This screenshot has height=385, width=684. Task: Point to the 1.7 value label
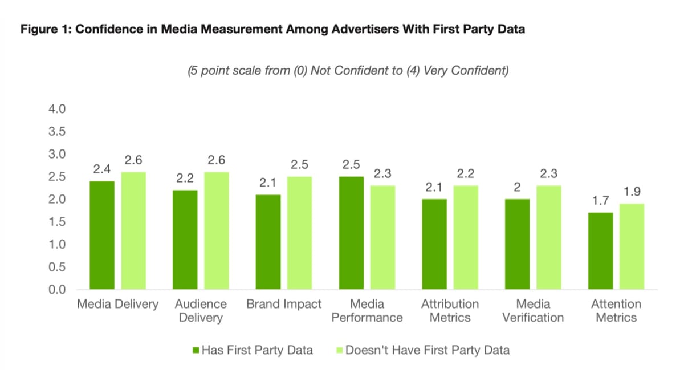click(x=601, y=201)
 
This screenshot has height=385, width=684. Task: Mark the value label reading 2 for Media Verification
click(x=516, y=187)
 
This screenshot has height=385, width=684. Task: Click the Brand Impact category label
click(x=283, y=304)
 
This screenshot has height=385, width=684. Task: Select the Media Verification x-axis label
click(x=532, y=310)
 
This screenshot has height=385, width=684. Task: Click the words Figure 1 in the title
click(x=45, y=30)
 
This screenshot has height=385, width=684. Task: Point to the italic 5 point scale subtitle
click(x=348, y=71)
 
